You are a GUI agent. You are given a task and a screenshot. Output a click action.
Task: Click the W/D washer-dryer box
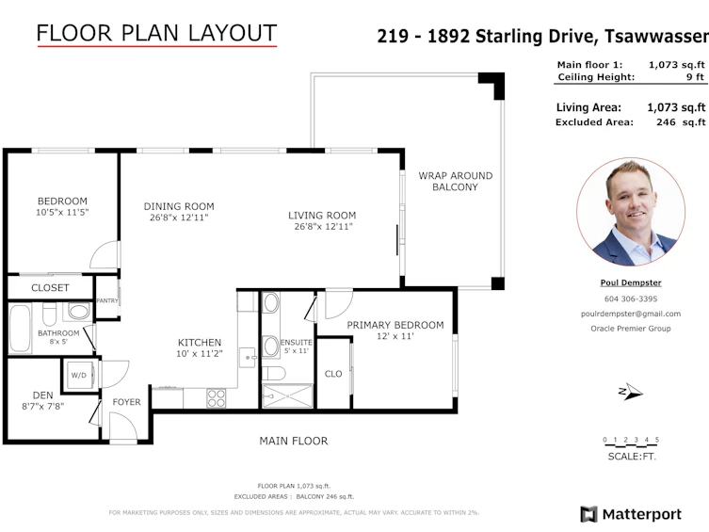click(x=80, y=375)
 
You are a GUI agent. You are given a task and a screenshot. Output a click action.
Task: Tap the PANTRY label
click(x=107, y=300)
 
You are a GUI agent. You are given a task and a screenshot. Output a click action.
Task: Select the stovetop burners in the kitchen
click(x=217, y=398)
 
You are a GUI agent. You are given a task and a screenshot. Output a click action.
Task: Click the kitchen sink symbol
click(x=247, y=358)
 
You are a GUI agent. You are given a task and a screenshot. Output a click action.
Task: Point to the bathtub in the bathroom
click(x=20, y=329)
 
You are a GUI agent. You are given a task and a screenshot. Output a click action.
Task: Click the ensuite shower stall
click(x=287, y=396)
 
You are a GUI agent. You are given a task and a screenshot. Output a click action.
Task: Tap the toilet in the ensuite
click(x=274, y=374)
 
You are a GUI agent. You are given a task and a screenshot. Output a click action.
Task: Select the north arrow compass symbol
click(x=630, y=392)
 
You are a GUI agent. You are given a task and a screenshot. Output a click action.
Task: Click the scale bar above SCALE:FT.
click(x=631, y=442)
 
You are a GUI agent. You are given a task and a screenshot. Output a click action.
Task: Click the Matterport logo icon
click(x=588, y=514)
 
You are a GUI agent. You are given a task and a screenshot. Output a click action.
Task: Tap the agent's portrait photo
click(x=631, y=212)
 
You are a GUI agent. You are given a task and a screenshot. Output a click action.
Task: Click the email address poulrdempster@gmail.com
click(x=631, y=314)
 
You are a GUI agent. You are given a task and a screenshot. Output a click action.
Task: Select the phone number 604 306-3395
click(x=631, y=298)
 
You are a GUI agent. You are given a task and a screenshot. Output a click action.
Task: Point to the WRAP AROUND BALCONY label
click(x=456, y=181)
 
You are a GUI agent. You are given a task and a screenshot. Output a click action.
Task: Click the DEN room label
click(x=43, y=395)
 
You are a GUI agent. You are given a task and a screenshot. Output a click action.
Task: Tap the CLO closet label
click(x=333, y=374)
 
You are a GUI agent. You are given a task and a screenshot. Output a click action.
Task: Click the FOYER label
click(x=126, y=402)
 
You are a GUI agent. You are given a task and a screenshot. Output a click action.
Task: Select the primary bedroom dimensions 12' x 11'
click(x=395, y=336)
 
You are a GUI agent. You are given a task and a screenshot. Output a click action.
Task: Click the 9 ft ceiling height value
click(x=696, y=77)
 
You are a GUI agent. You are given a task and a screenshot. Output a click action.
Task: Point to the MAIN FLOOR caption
click(x=294, y=441)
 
